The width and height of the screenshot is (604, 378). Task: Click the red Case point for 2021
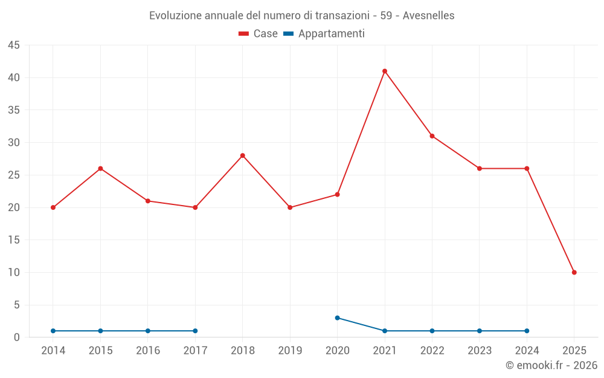coord(385,71)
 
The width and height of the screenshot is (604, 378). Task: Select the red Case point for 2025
coord(574,272)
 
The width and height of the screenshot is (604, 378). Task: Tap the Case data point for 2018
coord(243,155)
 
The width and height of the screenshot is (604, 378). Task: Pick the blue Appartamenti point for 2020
coord(338,318)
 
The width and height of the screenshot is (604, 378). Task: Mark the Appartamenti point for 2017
coord(195,331)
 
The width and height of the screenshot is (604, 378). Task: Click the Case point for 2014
coord(53,207)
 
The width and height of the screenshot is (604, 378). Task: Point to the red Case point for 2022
coord(432,136)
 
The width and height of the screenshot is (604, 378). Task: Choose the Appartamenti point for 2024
coord(527,331)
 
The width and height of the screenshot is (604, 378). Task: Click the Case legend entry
coord(259,34)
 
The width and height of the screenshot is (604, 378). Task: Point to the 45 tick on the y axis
coord(14,45)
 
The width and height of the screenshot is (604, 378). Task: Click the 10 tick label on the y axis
coord(14,272)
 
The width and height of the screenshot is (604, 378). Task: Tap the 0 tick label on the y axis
coord(17,337)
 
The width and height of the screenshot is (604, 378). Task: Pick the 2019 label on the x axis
coord(290,351)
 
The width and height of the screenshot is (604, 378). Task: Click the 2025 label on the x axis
coord(574,351)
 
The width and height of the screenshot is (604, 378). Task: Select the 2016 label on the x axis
coord(148,351)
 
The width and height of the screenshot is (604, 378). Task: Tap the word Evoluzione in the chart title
coord(175,16)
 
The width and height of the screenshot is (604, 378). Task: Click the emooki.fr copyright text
coord(551,365)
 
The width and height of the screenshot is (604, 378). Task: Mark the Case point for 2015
coord(100,168)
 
